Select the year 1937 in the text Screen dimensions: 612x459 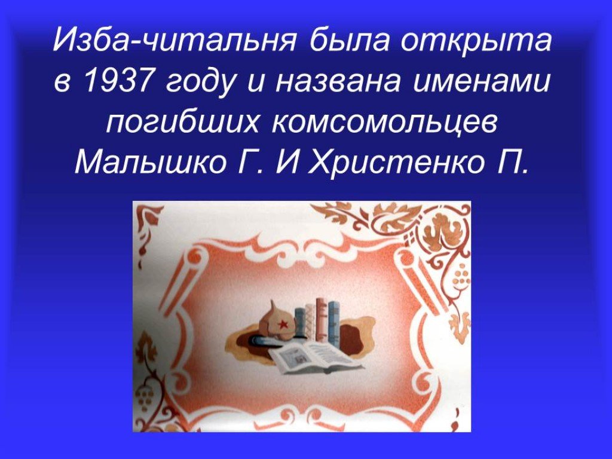click(117, 81)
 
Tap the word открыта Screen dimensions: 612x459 click(477, 41)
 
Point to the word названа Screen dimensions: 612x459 click(338, 82)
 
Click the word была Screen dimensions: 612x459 click(349, 41)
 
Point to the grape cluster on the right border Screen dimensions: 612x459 click(461, 275)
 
